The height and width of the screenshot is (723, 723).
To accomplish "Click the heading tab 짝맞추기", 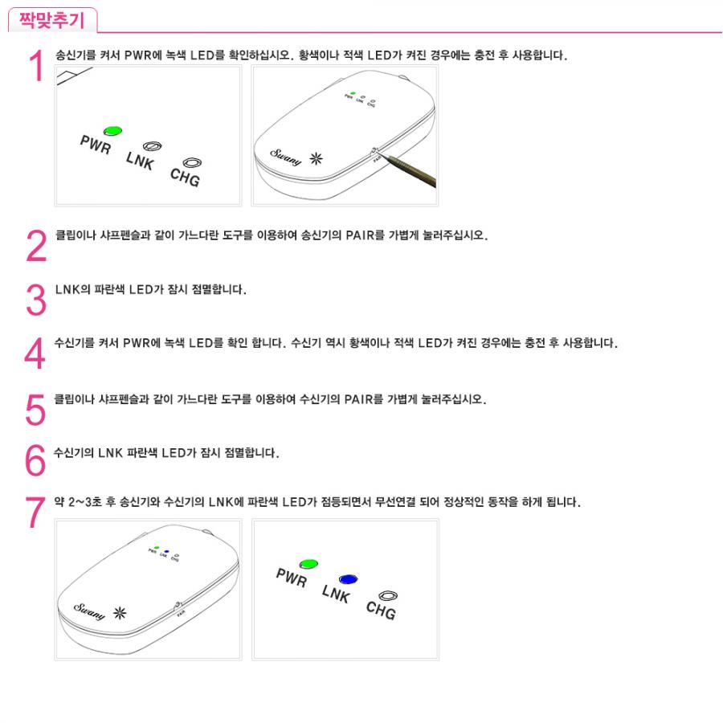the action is click(x=52, y=20).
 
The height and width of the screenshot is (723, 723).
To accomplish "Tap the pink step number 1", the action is click(x=36, y=66).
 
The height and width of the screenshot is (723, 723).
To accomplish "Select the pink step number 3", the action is click(x=36, y=300).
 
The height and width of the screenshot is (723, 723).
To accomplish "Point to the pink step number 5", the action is click(x=35, y=409).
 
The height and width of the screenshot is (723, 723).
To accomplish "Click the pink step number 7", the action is click(x=35, y=512).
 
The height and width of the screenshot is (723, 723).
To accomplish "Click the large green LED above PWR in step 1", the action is click(x=112, y=132).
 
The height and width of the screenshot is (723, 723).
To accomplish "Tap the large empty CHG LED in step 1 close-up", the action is click(x=192, y=163).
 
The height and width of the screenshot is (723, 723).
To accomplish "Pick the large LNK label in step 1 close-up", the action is click(x=140, y=161).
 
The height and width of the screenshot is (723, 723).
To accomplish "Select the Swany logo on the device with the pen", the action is click(x=286, y=157).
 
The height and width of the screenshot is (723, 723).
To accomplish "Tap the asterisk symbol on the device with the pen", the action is click(x=317, y=158).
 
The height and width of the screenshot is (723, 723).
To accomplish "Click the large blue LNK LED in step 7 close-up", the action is click(x=348, y=579).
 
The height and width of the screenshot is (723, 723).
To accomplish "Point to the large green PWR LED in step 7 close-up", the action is click(x=308, y=564).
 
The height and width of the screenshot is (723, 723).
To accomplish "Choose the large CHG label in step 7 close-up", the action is click(x=381, y=611).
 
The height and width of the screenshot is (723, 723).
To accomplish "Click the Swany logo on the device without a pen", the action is click(x=89, y=611).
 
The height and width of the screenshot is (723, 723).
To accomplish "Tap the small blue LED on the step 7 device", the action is click(x=166, y=551).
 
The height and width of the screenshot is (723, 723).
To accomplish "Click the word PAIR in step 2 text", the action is click(x=359, y=235).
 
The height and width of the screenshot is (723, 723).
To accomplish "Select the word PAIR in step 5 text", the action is click(x=357, y=399).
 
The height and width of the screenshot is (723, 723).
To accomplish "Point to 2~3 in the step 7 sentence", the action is click(x=80, y=501).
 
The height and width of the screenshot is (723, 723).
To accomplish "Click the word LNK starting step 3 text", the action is click(x=67, y=289).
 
